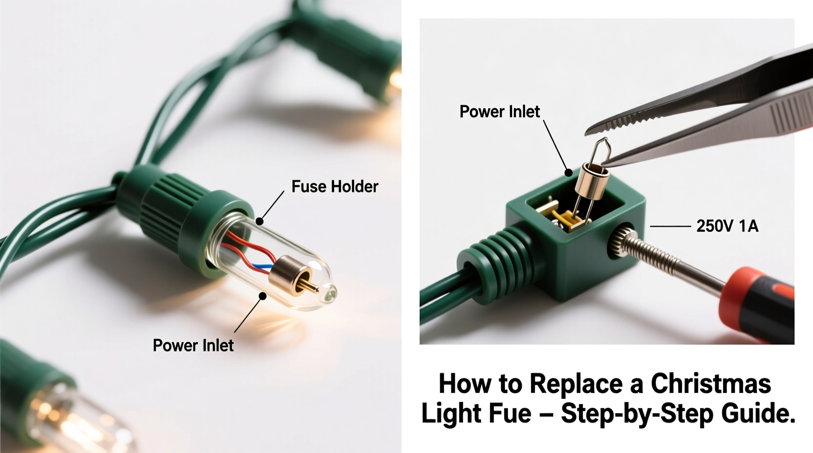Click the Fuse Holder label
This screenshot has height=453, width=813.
[x=335, y=186]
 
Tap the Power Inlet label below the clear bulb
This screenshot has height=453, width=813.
[x=193, y=346]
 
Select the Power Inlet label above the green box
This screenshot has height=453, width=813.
[x=499, y=112]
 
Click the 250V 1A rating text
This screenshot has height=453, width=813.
[x=727, y=226]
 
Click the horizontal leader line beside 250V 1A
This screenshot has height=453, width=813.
[x=670, y=226]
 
